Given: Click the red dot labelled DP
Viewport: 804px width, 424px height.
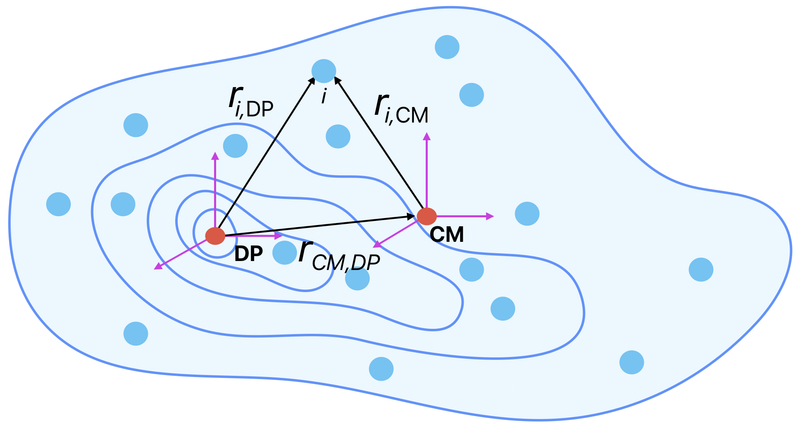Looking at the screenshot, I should [215, 236].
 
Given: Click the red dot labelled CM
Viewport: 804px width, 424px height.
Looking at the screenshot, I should [427, 216].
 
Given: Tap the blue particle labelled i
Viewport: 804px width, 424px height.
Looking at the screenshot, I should [324, 71].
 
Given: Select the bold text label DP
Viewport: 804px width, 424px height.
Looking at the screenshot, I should [248, 254].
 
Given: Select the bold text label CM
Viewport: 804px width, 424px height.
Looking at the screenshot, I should [447, 235].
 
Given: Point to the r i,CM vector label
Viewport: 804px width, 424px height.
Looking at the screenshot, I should [401, 108].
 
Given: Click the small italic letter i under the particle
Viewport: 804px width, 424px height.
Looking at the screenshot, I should [324, 97].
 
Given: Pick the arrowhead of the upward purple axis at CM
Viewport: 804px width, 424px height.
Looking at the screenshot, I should [427, 136].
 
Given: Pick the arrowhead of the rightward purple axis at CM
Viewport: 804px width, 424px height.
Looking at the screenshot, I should [490, 216].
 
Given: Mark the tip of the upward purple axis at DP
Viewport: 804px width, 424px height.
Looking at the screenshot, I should [215, 156].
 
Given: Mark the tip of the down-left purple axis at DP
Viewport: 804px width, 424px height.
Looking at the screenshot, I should [157, 267].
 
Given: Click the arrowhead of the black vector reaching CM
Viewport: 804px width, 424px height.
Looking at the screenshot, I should [412, 216].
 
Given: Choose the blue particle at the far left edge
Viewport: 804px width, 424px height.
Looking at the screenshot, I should [58, 204].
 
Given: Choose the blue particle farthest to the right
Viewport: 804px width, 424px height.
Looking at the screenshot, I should [701, 270].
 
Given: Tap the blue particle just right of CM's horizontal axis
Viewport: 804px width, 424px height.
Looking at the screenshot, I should [527, 214].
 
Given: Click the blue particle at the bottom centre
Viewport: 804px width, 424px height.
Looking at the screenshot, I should [381, 369].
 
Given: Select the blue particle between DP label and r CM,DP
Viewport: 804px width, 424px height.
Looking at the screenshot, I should [284, 252].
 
